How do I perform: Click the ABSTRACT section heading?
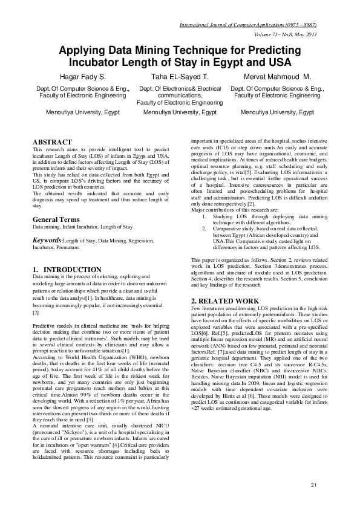(x=52, y=141)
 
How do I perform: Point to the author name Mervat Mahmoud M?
(x=277, y=77)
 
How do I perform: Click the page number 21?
(x=313, y=485)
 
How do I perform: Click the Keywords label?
(x=47, y=240)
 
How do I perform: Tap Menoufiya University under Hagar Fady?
(x=83, y=112)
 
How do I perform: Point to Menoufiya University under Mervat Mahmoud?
(x=277, y=112)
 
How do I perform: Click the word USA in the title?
(x=278, y=63)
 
